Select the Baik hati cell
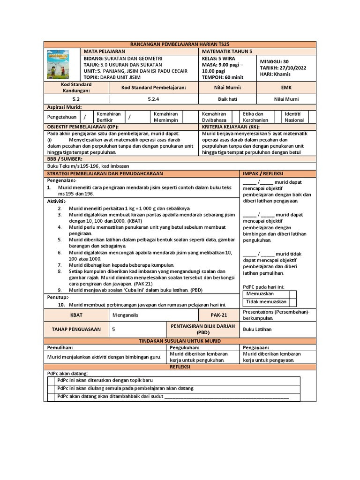(x=226, y=99)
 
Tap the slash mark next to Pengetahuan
(x=84, y=116)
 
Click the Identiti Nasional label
(x=295, y=117)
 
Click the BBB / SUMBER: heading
(x=64, y=159)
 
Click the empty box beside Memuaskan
(x=294, y=294)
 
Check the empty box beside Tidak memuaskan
(x=294, y=302)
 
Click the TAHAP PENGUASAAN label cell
(x=76, y=329)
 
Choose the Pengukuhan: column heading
(x=185, y=348)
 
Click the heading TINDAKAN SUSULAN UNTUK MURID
(x=180, y=340)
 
